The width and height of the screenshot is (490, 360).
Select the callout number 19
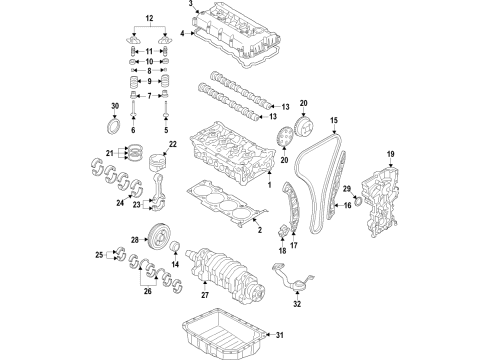click(392, 152)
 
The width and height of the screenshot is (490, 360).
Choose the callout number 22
click(171, 144)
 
